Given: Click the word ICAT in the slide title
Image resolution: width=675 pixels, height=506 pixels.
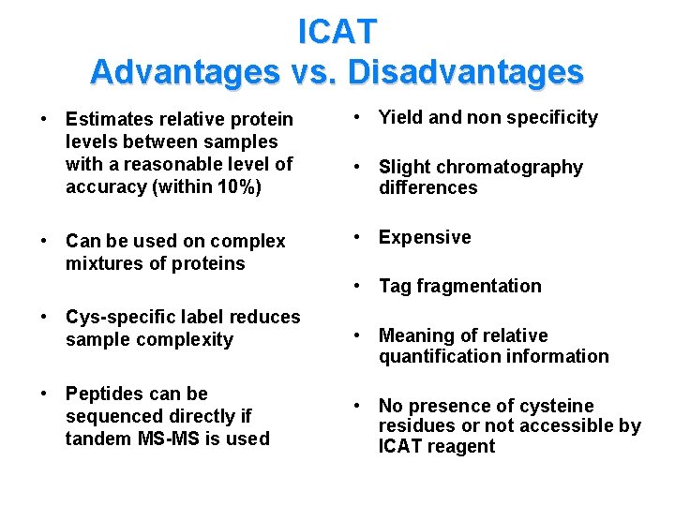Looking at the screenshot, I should [x=337, y=32].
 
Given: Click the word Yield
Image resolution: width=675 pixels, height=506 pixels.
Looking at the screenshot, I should [x=400, y=117].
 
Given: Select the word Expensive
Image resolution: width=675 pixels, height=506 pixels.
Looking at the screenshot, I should [x=425, y=237].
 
